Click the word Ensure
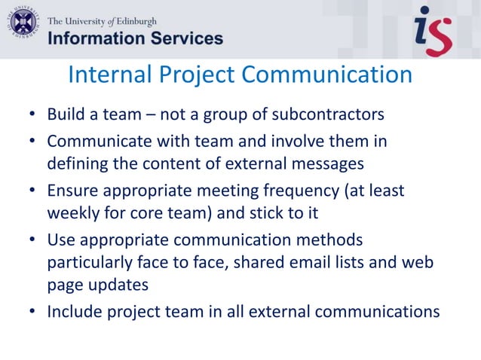(70, 191)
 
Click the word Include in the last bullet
(73, 310)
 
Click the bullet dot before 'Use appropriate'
(32, 240)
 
